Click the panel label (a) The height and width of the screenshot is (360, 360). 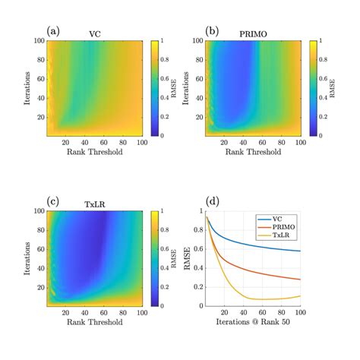pos(53,31)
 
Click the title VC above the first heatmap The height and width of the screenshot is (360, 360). pos(95,34)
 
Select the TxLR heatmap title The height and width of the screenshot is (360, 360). pos(95,204)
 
